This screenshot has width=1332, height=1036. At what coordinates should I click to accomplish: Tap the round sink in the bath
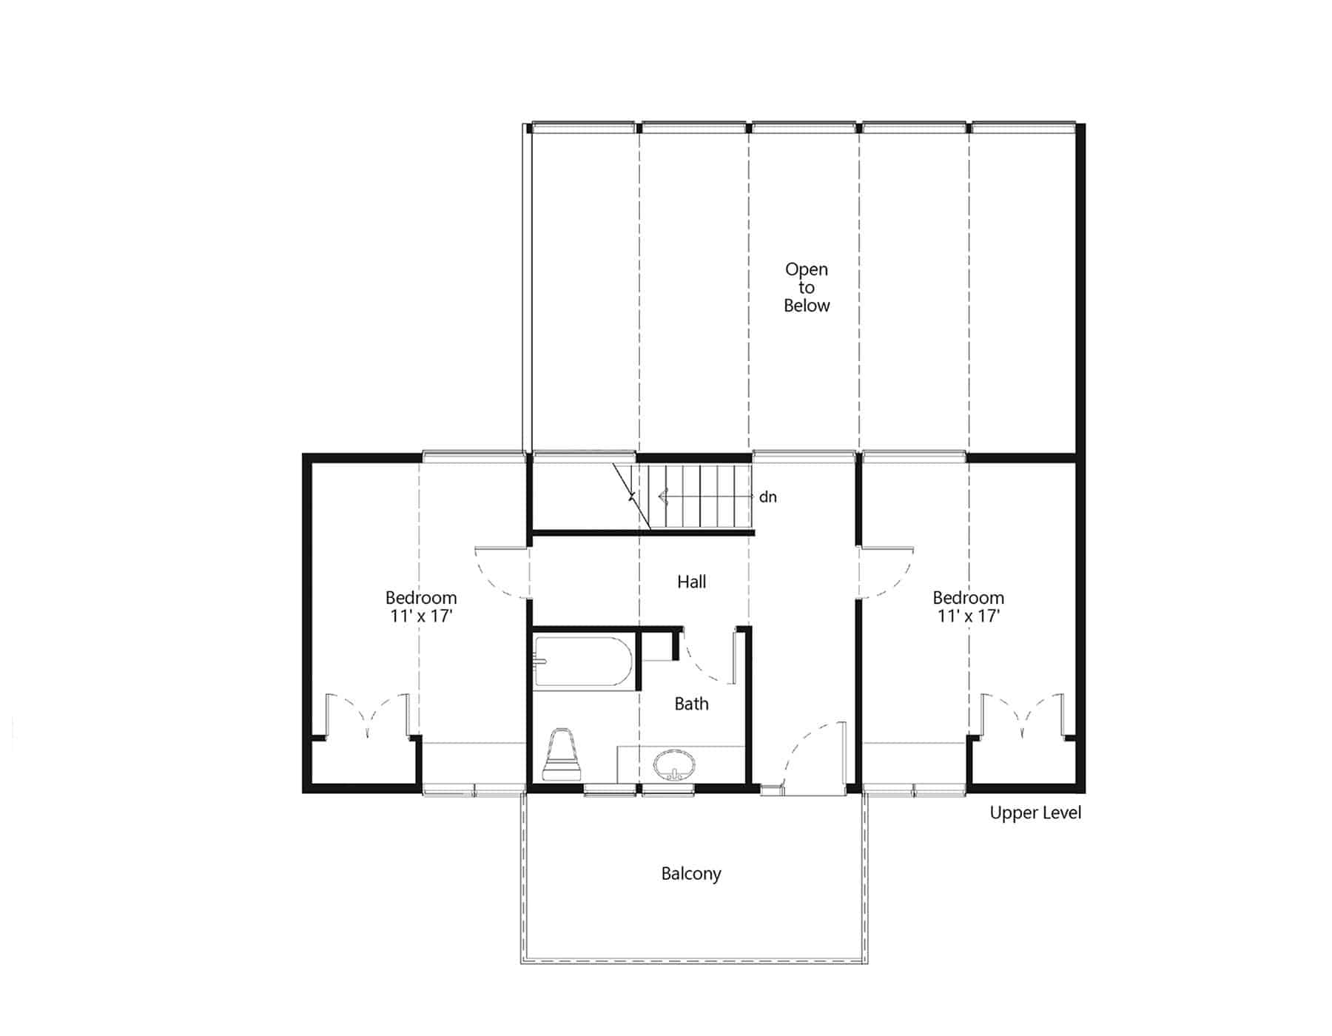[674, 764]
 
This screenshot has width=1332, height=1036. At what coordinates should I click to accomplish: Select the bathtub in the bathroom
[582, 662]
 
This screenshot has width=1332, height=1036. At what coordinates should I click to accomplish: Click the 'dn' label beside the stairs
[768, 497]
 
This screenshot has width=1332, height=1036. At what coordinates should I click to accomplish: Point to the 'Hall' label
[691, 582]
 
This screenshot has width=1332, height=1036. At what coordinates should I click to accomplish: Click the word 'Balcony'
[691, 874]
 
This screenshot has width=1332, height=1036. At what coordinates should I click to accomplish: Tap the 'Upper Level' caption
[1035, 813]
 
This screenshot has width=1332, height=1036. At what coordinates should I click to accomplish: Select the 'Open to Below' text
[807, 287]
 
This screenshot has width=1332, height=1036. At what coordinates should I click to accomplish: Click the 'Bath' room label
[691, 704]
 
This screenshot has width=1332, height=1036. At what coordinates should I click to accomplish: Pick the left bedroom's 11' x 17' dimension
[421, 616]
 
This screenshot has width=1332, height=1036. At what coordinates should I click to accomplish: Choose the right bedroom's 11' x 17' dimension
[969, 616]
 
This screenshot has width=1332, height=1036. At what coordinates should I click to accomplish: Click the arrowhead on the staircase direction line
[662, 497]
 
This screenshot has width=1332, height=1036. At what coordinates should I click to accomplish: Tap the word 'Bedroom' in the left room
[421, 597]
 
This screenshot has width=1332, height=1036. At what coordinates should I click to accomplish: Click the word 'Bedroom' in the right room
[969, 597]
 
